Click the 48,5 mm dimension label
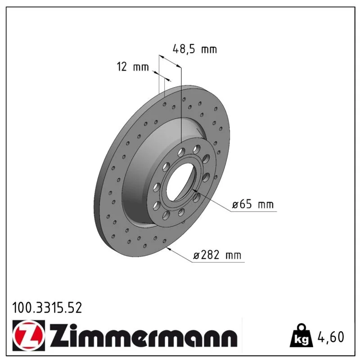pyautogui.click(x=195, y=49)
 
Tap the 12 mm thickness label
pyautogui.click(x=133, y=67)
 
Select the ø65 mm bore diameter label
pyautogui.click(x=252, y=204)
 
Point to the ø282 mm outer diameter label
pyautogui.click(x=217, y=255)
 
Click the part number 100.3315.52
pyautogui.click(x=47, y=308)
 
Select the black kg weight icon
pyautogui.click(x=301, y=336)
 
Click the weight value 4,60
pyautogui.click(x=331, y=337)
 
